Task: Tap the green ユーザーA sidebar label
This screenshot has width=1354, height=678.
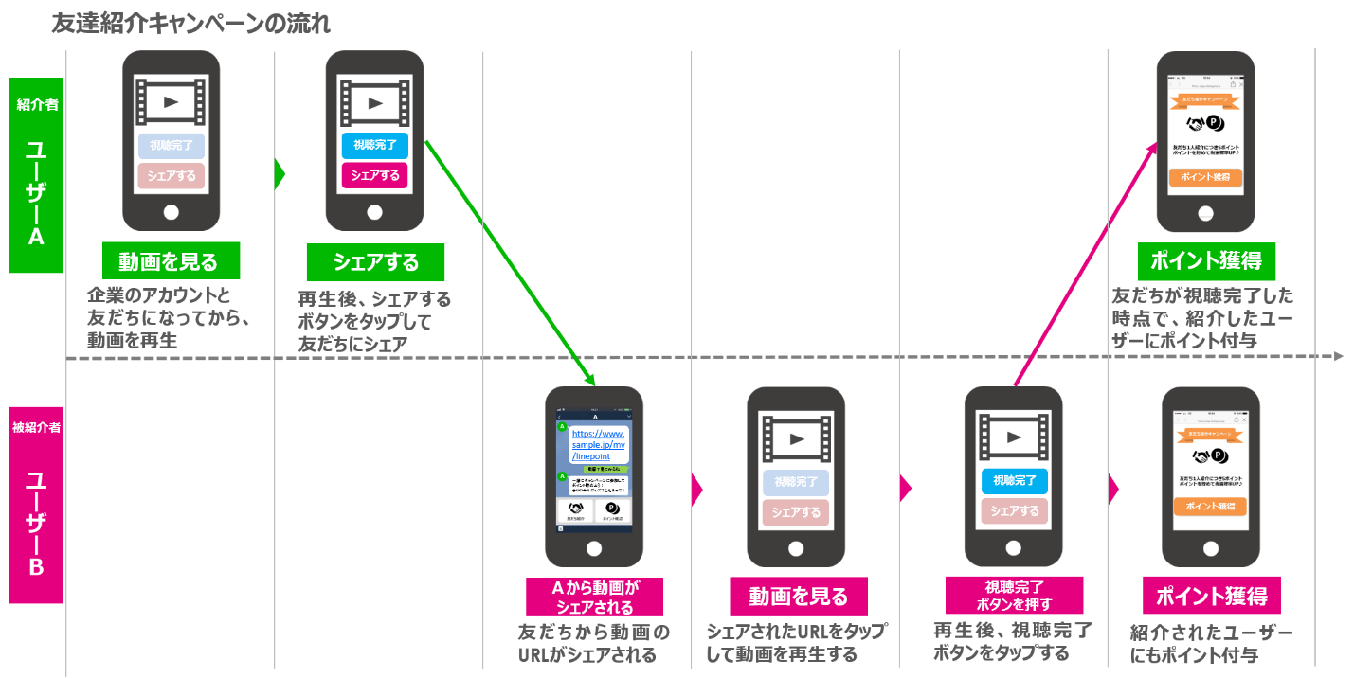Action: click(36, 176)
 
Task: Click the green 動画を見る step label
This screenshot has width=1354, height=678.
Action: click(172, 261)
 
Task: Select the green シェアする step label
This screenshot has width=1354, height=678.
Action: click(375, 261)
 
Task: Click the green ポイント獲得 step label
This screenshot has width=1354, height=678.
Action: click(1206, 261)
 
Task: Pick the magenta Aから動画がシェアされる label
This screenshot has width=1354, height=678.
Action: click(595, 598)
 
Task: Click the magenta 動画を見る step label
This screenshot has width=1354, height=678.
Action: click(798, 597)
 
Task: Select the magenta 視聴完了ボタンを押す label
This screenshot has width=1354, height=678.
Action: click(1014, 596)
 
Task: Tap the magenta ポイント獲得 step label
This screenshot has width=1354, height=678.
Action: click(1211, 597)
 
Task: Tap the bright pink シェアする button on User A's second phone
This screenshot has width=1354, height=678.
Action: click(375, 176)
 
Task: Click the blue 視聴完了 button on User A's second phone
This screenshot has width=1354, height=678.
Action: click(375, 146)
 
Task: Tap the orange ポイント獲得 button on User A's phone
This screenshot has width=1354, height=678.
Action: click(1205, 178)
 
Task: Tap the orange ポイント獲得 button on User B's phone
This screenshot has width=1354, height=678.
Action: click(1210, 507)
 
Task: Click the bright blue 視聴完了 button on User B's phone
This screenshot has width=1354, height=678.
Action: click(1015, 481)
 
